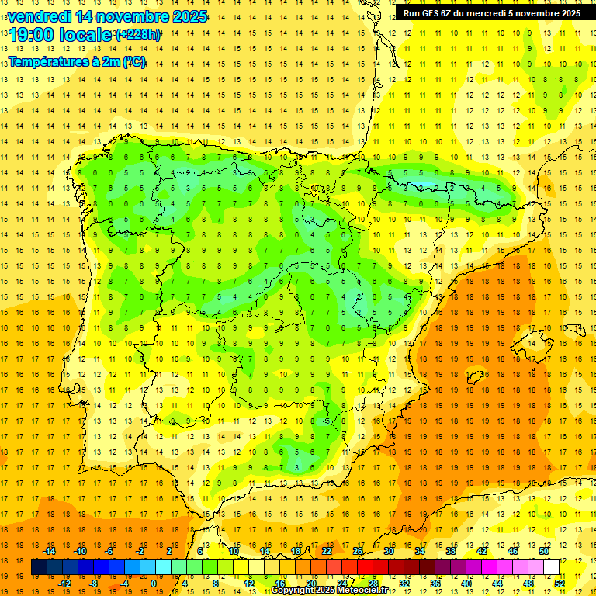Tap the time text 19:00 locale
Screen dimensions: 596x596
[x=60, y=35]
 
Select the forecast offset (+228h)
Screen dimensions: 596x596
[x=138, y=35]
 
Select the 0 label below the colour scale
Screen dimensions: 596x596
[x=154, y=584]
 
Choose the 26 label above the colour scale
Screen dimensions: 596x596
[x=358, y=551]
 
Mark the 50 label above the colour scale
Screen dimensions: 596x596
[x=543, y=551]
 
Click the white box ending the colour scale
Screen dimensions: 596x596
[x=551, y=567]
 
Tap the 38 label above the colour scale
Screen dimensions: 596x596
[x=450, y=551]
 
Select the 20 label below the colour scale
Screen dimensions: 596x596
[x=310, y=584]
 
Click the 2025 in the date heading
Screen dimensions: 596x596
[x=189, y=16]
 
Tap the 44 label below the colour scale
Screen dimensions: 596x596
[x=497, y=584]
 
